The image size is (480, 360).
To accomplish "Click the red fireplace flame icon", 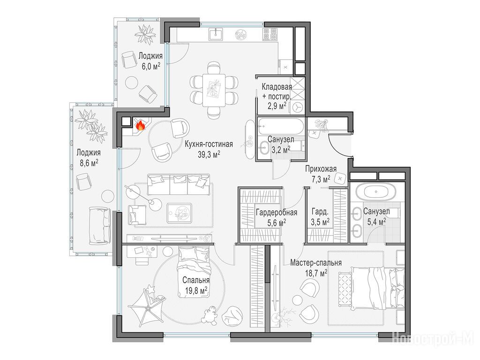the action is point(140,125).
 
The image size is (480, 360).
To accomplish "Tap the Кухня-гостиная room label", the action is point(209,144).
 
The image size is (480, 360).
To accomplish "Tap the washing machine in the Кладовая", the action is point(297,107).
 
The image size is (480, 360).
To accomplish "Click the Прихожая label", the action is point(321,169).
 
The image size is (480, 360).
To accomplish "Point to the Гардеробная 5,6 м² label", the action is point(277,217).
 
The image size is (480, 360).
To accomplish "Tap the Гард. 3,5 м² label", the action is point(320,217).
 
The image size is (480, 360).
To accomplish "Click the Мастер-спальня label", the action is point(316,262).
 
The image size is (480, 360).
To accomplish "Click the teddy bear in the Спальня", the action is point(210,315).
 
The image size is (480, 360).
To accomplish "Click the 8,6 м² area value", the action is point(89,162).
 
